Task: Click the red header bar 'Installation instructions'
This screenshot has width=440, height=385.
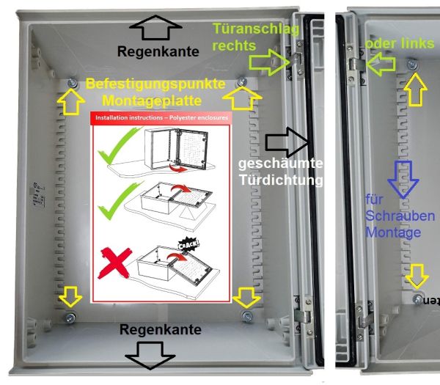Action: pos(160,117)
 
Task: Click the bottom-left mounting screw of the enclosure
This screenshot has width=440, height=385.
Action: pos(70,316)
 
